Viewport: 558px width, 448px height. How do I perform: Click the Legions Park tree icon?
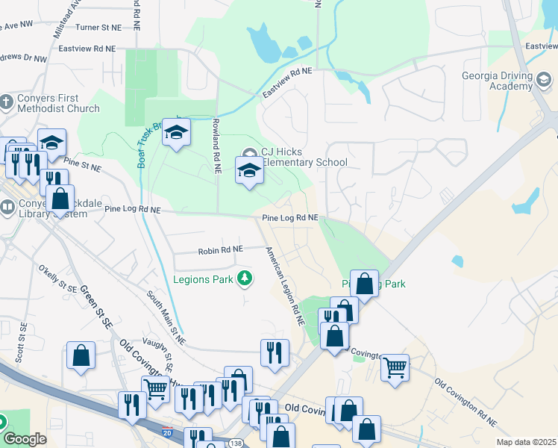pos(244,279)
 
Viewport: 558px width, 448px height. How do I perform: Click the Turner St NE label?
pos(98,28)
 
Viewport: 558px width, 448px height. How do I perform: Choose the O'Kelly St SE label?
pos(58,278)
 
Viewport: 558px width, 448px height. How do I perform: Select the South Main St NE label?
pos(166,313)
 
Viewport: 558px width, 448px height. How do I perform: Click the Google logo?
pos(25,439)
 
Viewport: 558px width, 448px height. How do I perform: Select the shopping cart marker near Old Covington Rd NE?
pos(395,367)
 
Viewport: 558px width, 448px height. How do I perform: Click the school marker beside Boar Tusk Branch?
pos(176,134)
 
